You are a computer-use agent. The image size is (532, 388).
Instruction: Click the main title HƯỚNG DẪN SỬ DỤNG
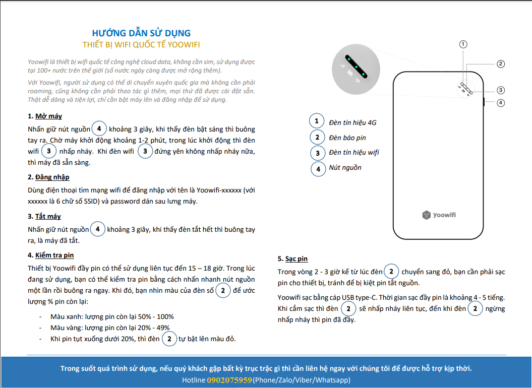[x=141, y=33]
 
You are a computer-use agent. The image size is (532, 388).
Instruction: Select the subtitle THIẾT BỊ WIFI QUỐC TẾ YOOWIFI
[x=141, y=44]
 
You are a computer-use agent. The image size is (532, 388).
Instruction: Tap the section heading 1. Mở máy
[x=45, y=116]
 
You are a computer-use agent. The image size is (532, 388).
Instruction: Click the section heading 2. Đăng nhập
[x=48, y=177]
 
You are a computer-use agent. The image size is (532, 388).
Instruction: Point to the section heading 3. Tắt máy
[x=44, y=216]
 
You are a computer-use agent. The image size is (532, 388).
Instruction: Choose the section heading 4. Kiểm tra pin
[x=51, y=255]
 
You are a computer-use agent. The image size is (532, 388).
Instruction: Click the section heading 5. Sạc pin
[x=292, y=258]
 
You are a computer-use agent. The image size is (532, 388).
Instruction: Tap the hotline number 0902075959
[x=229, y=380]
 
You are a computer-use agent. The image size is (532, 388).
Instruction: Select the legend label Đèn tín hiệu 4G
[x=352, y=122]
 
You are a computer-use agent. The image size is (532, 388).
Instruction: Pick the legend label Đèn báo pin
[x=347, y=138]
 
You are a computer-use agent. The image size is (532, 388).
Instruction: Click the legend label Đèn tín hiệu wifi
[x=353, y=152]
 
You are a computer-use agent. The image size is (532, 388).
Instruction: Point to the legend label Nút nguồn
[x=345, y=168]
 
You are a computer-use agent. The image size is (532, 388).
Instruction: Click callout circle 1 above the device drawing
[x=463, y=44]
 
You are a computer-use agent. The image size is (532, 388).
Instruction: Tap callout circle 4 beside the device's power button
[x=500, y=103]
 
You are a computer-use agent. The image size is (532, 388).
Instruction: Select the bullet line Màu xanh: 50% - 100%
[x=112, y=316]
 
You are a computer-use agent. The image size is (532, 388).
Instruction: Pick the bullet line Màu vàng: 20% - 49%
[x=110, y=328]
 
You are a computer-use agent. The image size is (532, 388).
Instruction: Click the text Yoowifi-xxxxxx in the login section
[x=220, y=191]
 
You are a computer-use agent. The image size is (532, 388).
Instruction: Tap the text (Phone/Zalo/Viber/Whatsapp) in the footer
[x=302, y=380]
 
